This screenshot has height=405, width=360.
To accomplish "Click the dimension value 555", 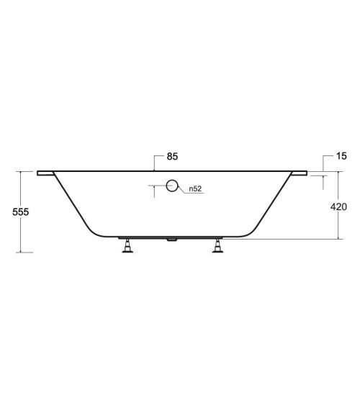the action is [x=21, y=211].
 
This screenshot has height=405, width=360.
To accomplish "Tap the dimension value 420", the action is [x=338, y=206].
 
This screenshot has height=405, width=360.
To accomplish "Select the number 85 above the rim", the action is [x=172, y=156].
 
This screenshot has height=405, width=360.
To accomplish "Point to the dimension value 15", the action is [x=341, y=156].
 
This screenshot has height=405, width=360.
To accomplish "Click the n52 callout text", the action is [x=195, y=188].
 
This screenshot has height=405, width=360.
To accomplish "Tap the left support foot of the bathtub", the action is [x=127, y=245].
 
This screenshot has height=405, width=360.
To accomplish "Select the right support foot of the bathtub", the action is [x=217, y=245].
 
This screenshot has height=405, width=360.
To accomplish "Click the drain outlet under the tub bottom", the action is [x=171, y=240].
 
